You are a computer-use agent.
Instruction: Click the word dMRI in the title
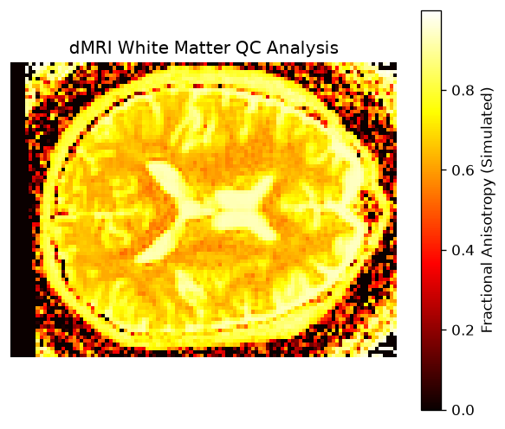tap(91, 48)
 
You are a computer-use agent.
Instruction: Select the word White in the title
tap(143, 48)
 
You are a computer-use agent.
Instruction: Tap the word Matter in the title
tap(202, 48)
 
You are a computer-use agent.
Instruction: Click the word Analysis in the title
tap(302, 48)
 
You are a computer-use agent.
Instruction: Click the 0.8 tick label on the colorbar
tap(463, 90)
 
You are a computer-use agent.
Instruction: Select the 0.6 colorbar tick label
tap(463, 170)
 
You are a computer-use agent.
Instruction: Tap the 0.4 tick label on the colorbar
tap(463, 250)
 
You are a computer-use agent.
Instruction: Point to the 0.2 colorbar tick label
tap(463, 330)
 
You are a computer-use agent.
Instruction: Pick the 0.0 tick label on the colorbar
tap(463, 410)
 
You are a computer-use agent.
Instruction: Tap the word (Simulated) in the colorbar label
tap(488, 131)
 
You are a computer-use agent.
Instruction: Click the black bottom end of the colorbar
tap(431, 406)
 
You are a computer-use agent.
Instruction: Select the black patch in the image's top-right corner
tap(387, 66)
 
